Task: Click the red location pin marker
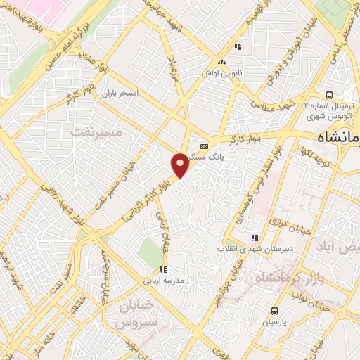click(180, 165)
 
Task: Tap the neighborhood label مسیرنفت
click(97, 132)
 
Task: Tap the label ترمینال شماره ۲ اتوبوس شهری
click(327, 110)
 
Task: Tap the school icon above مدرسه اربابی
click(163, 269)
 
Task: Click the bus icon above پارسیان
click(274, 310)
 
